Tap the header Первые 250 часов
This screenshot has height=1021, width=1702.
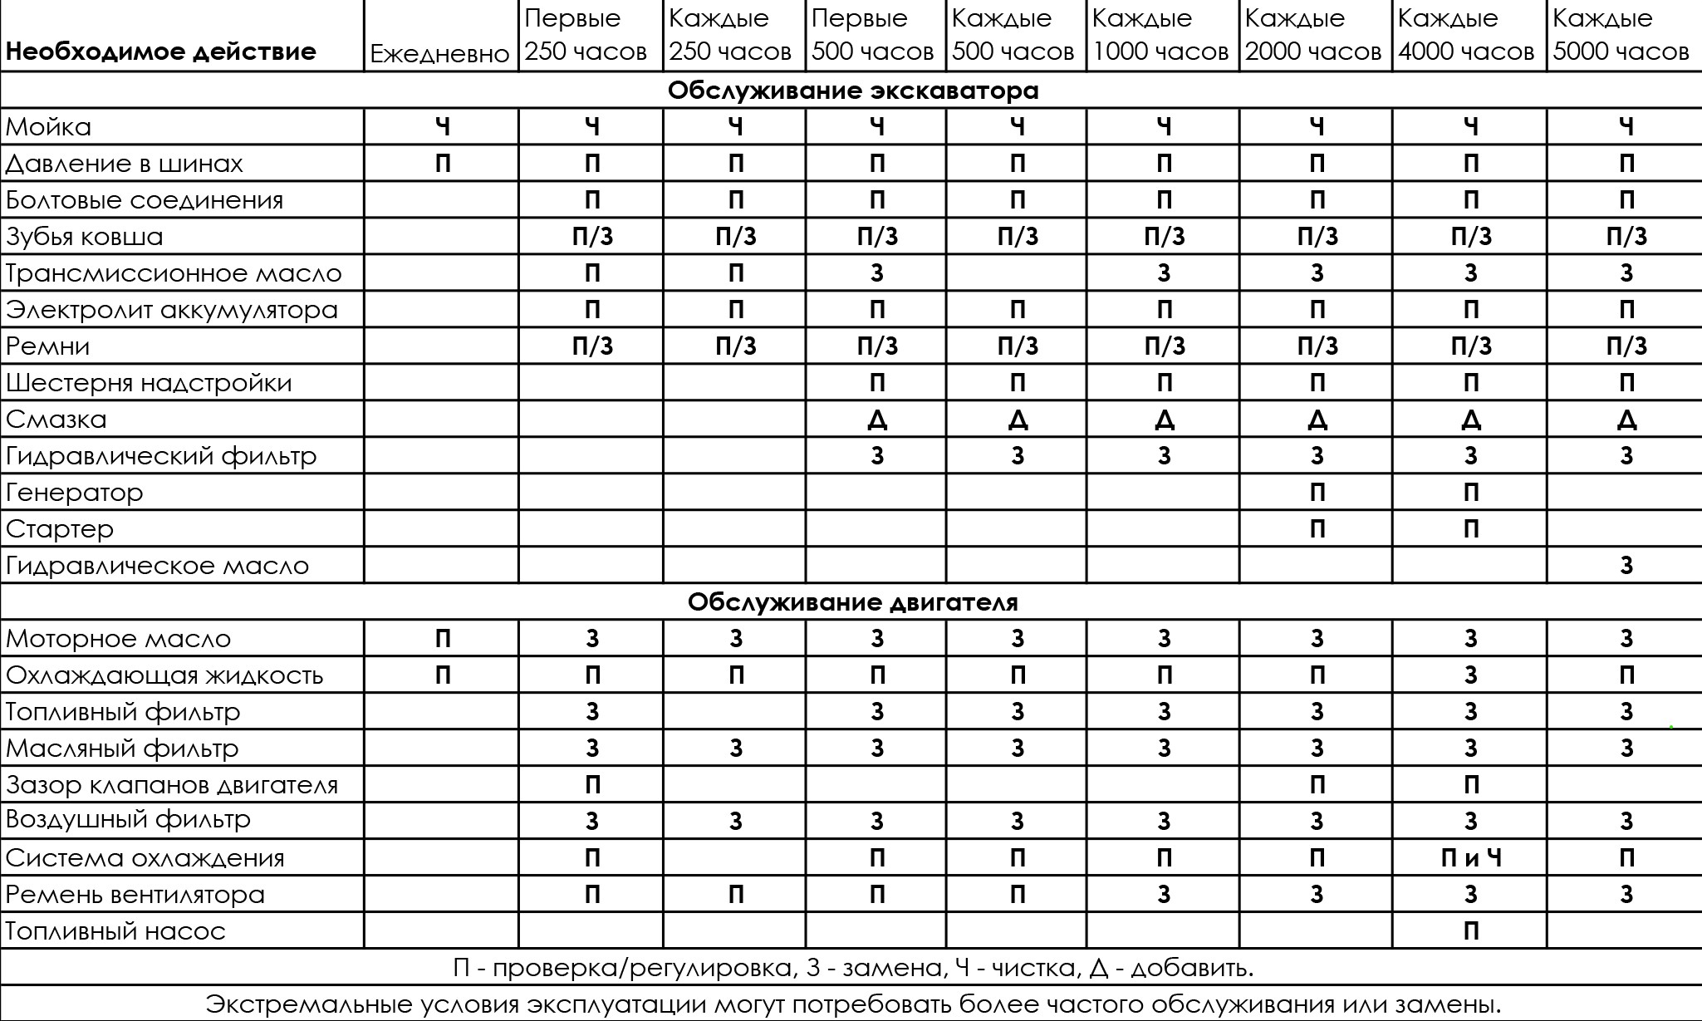[x=586, y=35]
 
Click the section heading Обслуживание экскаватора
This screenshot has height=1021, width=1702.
[x=853, y=90]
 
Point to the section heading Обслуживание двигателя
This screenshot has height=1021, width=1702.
[x=852, y=601]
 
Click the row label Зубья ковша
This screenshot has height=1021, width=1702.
[x=85, y=237]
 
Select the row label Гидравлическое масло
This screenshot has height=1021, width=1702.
[x=157, y=566]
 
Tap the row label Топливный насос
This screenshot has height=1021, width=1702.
[x=115, y=931]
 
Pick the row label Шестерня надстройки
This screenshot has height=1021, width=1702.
[x=149, y=383]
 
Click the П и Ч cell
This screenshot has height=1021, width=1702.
[x=1470, y=858]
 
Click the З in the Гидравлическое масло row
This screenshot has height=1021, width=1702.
[x=1626, y=566]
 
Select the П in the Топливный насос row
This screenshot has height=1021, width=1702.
[x=1470, y=931]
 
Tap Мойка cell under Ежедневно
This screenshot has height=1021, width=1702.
[x=443, y=127]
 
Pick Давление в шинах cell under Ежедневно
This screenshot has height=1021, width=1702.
[x=443, y=164]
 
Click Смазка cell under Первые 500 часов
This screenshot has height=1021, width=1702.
[x=877, y=420]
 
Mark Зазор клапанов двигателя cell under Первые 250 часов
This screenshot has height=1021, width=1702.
[x=592, y=785]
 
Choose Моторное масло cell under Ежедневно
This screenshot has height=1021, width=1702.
[x=443, y=639]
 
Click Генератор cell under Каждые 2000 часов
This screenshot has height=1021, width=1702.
[x=1317, y=493]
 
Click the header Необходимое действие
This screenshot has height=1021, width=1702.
[x=161, y=52]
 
